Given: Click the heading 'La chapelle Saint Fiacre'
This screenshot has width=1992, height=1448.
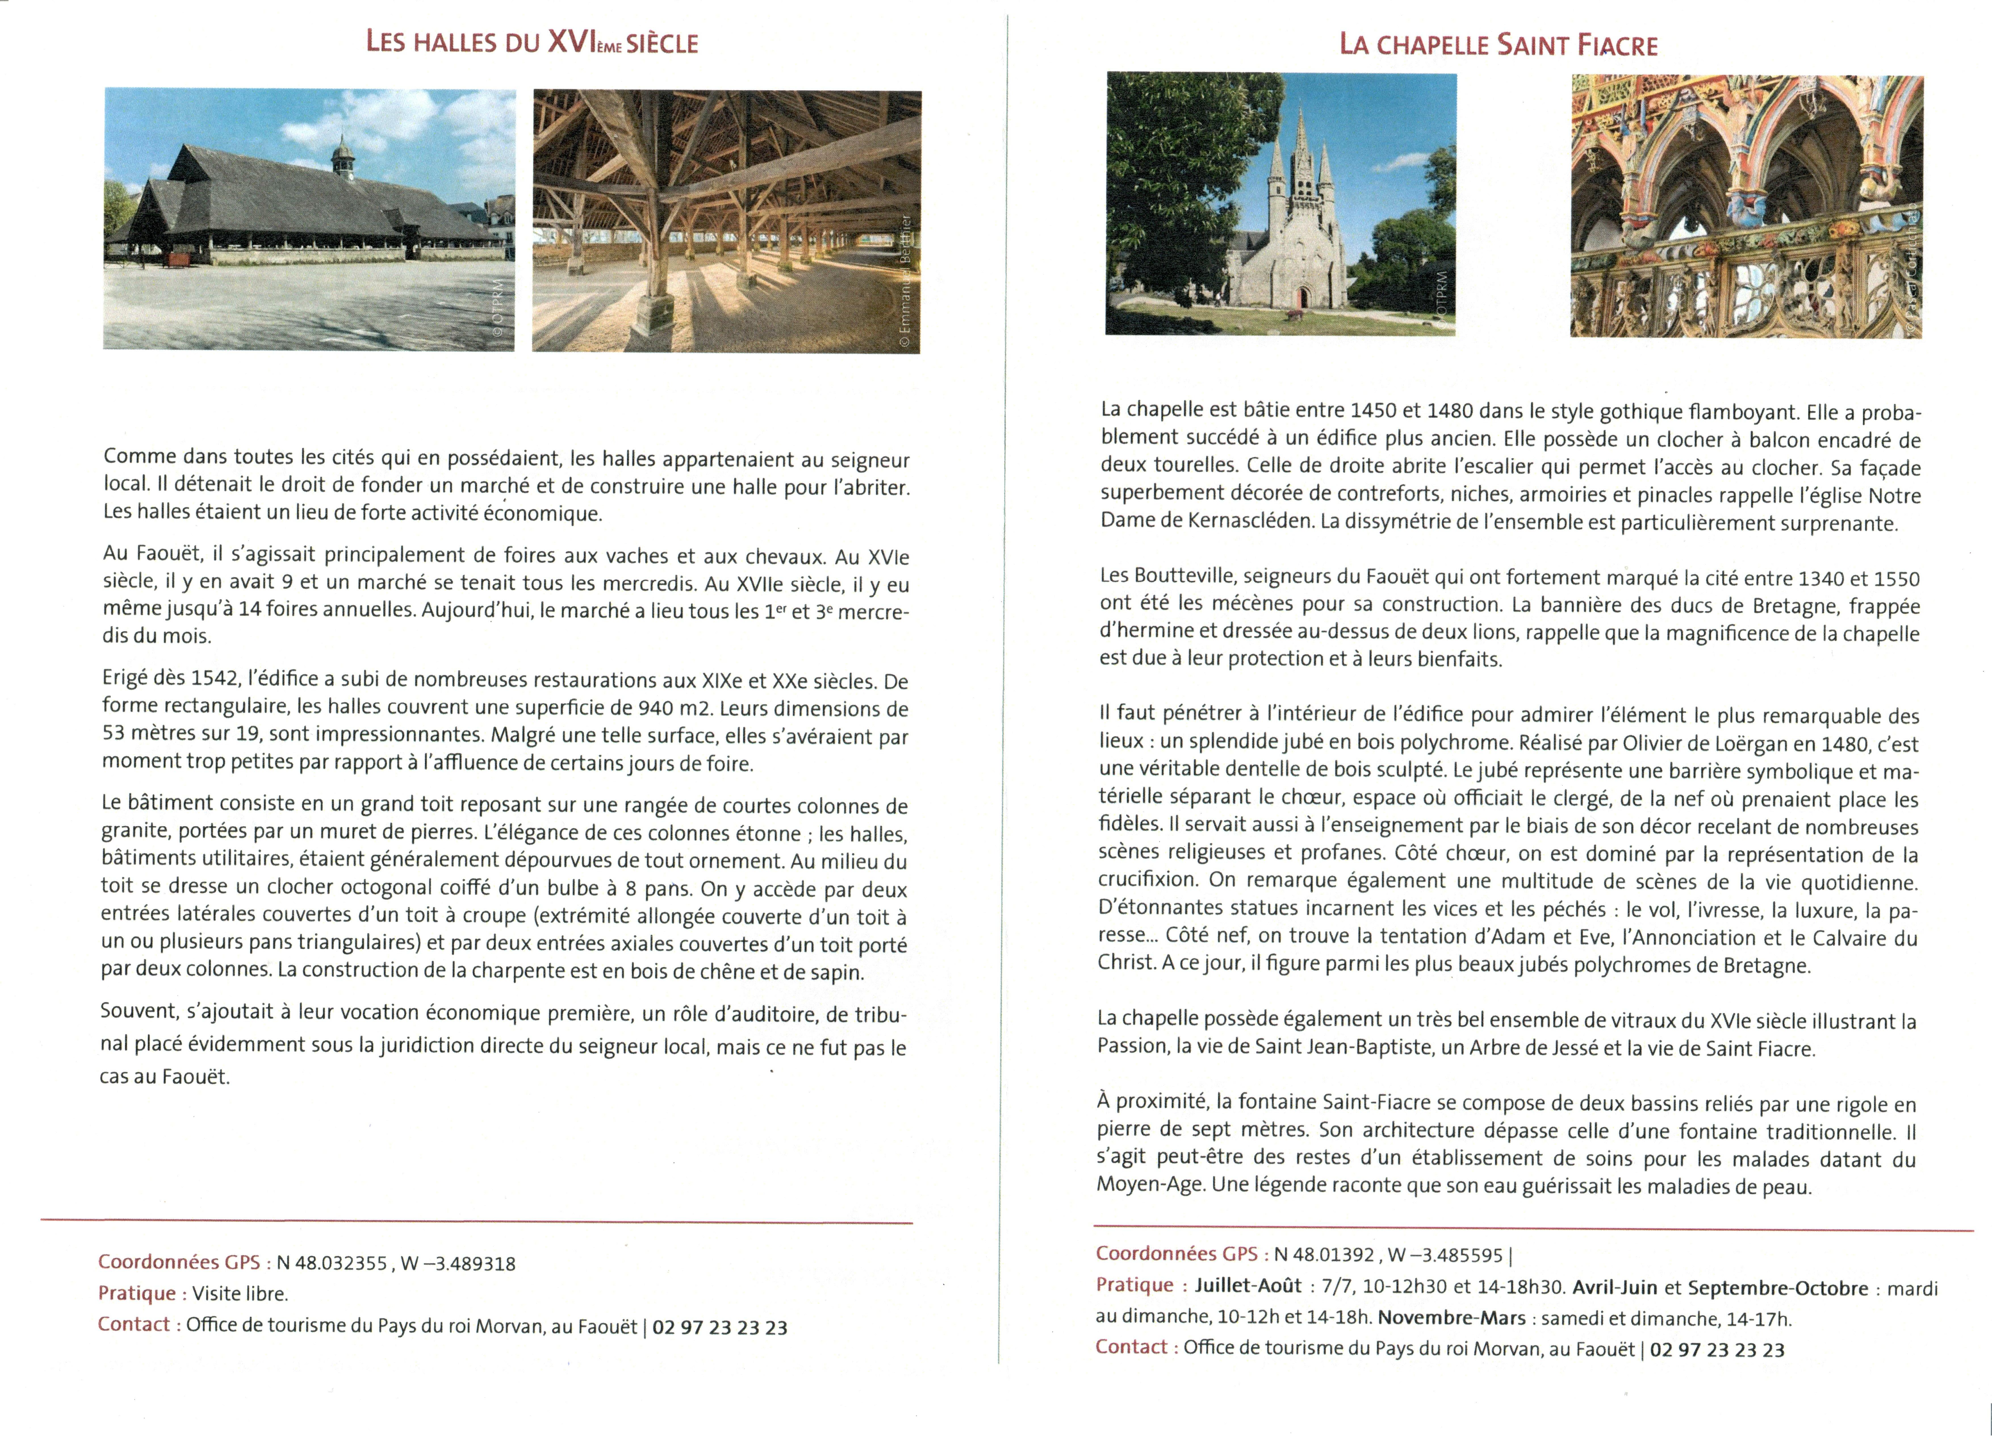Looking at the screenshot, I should click(1498, 45).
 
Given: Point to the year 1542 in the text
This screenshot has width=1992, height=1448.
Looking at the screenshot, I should click(214, 679).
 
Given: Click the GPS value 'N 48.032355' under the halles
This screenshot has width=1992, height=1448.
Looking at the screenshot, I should click(332, 1264).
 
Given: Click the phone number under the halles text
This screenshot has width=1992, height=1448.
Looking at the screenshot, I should click(719, 1328).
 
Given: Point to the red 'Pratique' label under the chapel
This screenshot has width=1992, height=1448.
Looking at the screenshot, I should click(1134, 1286).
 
